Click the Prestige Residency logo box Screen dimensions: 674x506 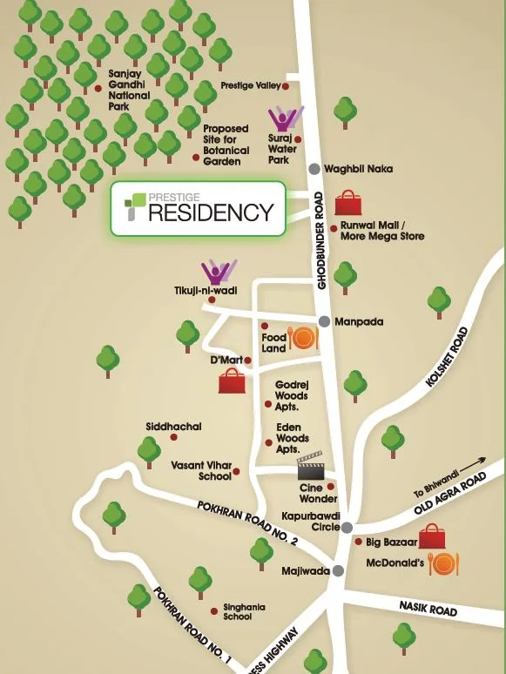(x=198, y=209)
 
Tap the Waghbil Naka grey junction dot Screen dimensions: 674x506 (x=314, y=169)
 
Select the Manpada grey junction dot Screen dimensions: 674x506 (x=324, y=321)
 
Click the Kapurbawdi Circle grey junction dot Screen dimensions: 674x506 (x=347, y=528)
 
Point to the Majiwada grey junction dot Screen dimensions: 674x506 (x=338, y=570)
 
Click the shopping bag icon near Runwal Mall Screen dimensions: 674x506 (x=349, y=204)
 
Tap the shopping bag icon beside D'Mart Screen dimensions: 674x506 (x=232, y=381)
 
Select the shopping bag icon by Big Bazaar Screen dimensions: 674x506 (x=432, y=536)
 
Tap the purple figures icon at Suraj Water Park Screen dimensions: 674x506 (x=285, y=120)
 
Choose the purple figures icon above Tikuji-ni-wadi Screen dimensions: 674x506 (x=218, y=273)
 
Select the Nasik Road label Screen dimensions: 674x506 (x=428, y=607)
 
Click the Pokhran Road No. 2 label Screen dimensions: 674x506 (x=247, y=523)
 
